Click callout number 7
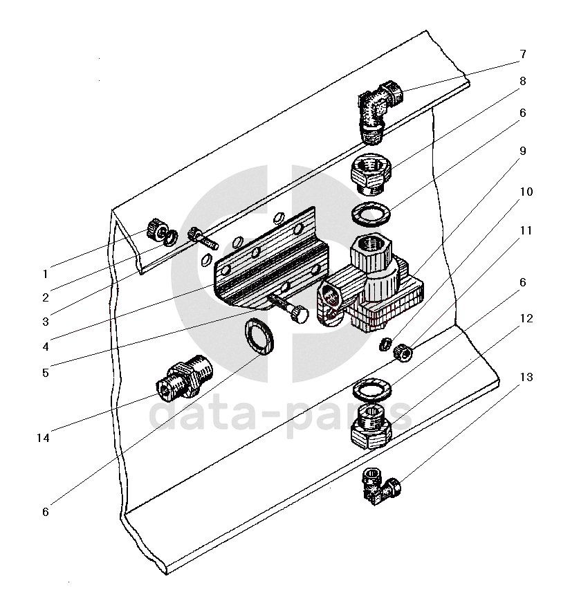[x=523, y=54]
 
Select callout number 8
[x=523, y=81]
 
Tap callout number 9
[x=523, y=151]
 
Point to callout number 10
[x=526, y=192]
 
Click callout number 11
[x=526, y=230]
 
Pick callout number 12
[x=526, y=318]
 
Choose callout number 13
[x=526, y=377]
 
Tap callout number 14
[x=43, y=438]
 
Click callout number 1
[x=45, y=274]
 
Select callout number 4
[x=46, y=347]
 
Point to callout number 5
[x=46, y=373]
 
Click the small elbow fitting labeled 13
[x=380, y=486]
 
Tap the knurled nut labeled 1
[x=156, y=228]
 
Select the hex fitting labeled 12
[x=371, y=426]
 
